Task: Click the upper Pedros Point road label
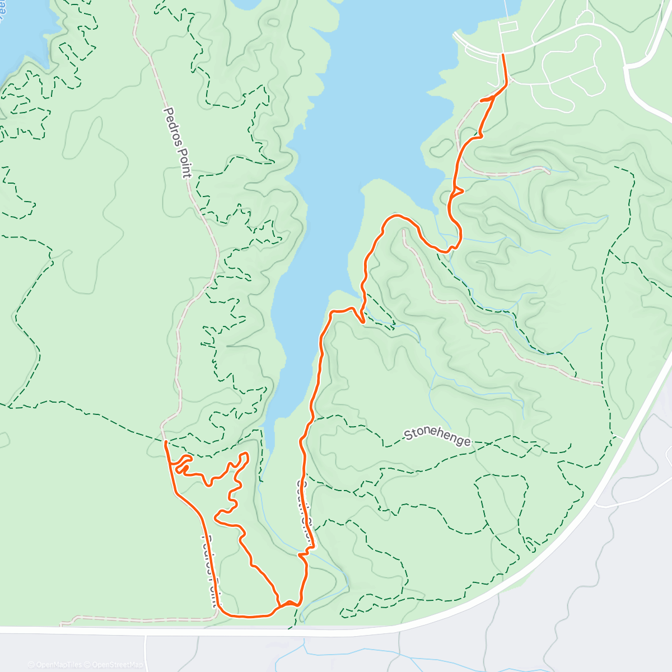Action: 178,143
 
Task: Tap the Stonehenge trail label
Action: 437,437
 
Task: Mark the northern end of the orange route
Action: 503,55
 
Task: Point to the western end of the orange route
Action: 165,442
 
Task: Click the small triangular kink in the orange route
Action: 458,191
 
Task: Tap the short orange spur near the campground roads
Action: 486,100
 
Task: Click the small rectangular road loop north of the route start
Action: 508,28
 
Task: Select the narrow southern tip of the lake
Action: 269,442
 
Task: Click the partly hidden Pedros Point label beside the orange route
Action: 209,571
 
